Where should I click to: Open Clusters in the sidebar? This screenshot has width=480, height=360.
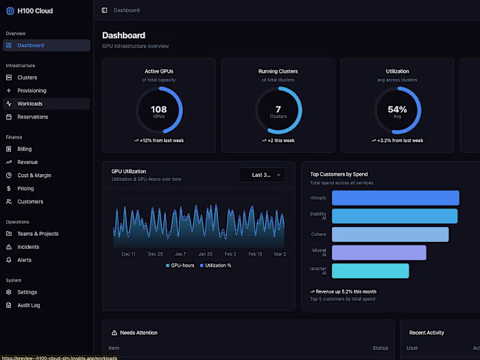click(x=27, y=77)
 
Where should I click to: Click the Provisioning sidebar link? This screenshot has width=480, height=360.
click(x=32, y=91)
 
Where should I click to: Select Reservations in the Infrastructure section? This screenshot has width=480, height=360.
click(x=32, y=117)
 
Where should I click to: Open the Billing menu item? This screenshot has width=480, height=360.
click(x=25, y=149)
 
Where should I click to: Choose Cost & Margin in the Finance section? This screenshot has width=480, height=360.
click(x=34, y=176)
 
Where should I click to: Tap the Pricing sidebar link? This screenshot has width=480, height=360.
click(x=25, y=189)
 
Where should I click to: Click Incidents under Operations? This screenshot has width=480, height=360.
click(x=28, y=247)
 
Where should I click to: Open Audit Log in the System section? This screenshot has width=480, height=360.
click(x=29, y=305)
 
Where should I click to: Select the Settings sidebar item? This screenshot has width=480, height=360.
click(x=27, y=292)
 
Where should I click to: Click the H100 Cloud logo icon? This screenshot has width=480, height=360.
click(x=10, y=11)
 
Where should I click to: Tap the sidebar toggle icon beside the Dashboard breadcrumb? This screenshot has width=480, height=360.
click(x=104, y=10)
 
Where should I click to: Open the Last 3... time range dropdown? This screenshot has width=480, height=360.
click(x=262, y=175)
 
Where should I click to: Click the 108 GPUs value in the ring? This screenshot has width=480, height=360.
click(x=158, y=110)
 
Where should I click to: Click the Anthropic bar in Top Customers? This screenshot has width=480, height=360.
click(x=395, y=198)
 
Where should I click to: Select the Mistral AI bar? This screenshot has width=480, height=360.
click(x=379, y=253)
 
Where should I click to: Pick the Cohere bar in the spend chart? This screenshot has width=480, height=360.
click(x=390, y=235)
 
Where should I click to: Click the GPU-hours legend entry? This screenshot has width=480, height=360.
click(x=180, y=265)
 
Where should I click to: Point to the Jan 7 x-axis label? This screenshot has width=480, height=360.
click(x=180, y=254)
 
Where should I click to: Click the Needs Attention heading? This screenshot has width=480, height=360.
click(x=139, y=333)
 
